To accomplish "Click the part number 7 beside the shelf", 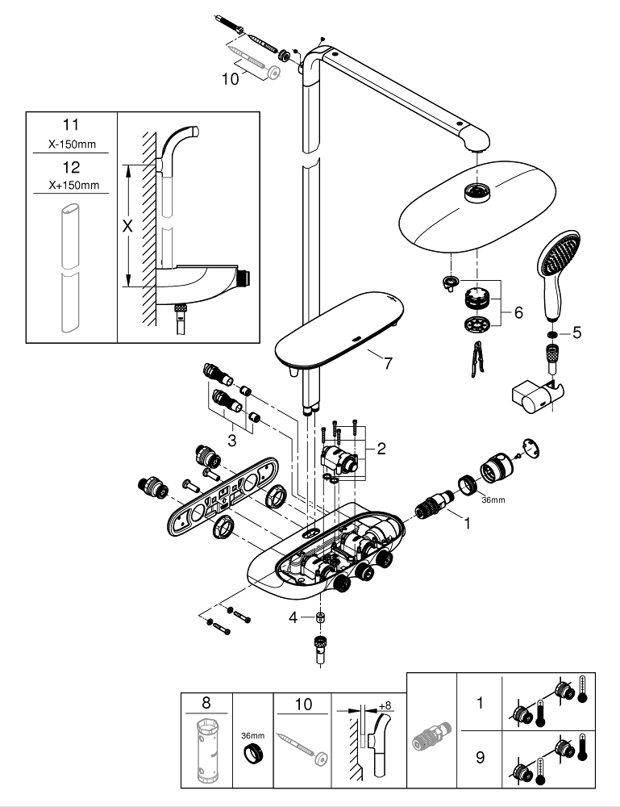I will click(x=388, y=363).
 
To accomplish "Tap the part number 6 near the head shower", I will click(x=518, y=310).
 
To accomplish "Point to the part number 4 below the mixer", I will click(x=294, y=617).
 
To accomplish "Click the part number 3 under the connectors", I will click(x=232, y=440).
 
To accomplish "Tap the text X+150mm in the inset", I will click(x=71, y=185).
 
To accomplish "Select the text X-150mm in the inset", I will click(x=71, y=145).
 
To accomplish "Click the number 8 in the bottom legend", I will click(x=206, y=704).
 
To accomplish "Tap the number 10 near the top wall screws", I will click(x=232, y=78).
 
